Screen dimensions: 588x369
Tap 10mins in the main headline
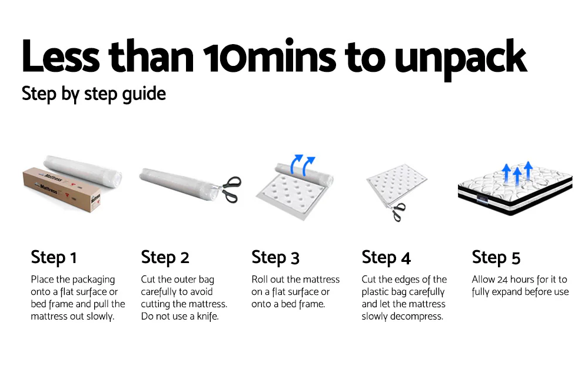point(270,55)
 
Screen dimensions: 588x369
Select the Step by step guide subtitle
point(94,94)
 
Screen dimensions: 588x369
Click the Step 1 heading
point(54,258)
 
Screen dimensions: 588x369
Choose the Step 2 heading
point(165,258)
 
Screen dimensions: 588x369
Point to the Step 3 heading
point(275,258)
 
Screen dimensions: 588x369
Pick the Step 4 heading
point(386,258)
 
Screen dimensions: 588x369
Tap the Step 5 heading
point(496,258)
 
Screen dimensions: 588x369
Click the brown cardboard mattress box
point(62,189)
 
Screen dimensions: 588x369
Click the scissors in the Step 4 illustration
point(397,211)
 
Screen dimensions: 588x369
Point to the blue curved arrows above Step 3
point(303,165)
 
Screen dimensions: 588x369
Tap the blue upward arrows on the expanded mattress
point(517,172)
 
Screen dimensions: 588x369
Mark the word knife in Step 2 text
point(208,316)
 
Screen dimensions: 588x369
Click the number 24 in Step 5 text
point(502,280)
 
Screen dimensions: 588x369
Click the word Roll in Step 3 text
point(259,280)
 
